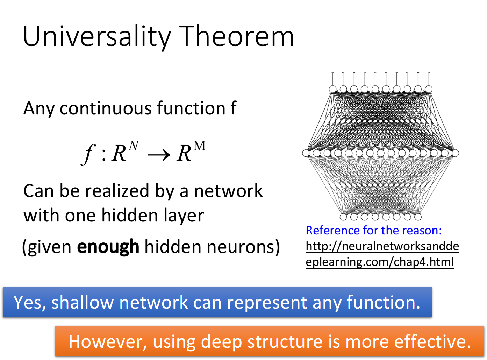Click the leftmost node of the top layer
332,89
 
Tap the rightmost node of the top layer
429,89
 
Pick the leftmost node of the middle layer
306,153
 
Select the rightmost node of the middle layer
455,153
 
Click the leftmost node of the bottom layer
343,217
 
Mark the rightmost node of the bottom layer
418,217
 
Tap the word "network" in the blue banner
153,302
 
